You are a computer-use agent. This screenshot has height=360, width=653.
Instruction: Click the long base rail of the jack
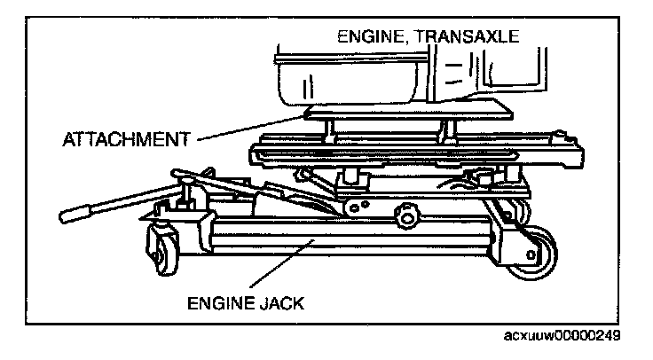pos(346,238)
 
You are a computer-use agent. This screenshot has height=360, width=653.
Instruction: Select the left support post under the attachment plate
pos(331,130)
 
